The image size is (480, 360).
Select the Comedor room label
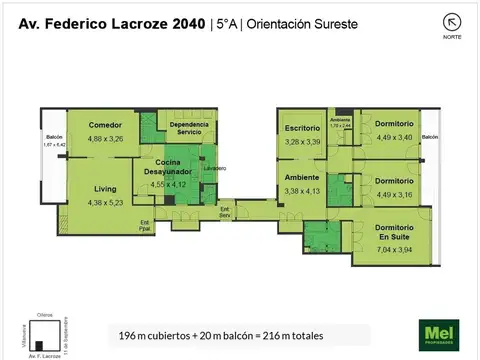coord(105,125)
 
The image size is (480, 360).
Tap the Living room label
coord(105,188)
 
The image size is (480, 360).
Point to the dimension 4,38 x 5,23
coord(105,203)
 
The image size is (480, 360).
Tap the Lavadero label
coord(214,168)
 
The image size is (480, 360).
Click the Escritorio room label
coord(301,129)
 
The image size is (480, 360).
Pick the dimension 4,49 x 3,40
coord(391,138)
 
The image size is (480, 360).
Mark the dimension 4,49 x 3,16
coord(391,195)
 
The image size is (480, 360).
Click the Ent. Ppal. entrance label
coord(144,224)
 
